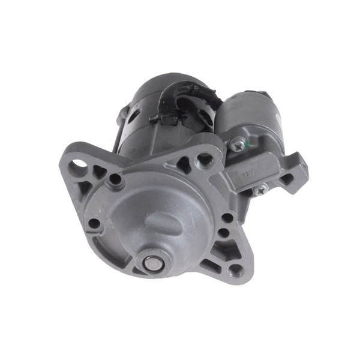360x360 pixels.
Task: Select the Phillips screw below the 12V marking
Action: coord(260,190)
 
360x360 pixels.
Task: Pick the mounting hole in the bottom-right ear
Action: coord(235,269)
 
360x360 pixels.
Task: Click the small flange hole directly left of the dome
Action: coord(94,224)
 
